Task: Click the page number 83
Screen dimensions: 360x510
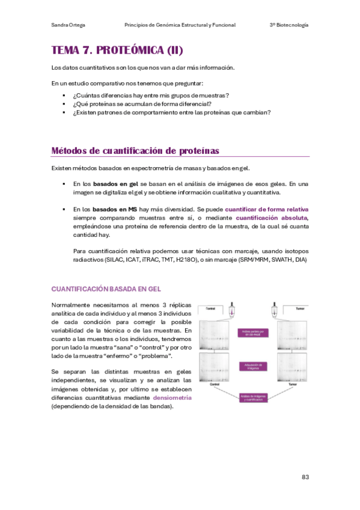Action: coord(305,477)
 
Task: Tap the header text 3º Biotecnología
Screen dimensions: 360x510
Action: coord(288,25)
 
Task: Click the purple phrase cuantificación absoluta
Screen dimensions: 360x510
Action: coord(272,217)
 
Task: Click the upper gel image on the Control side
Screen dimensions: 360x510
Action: coord(217,334)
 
